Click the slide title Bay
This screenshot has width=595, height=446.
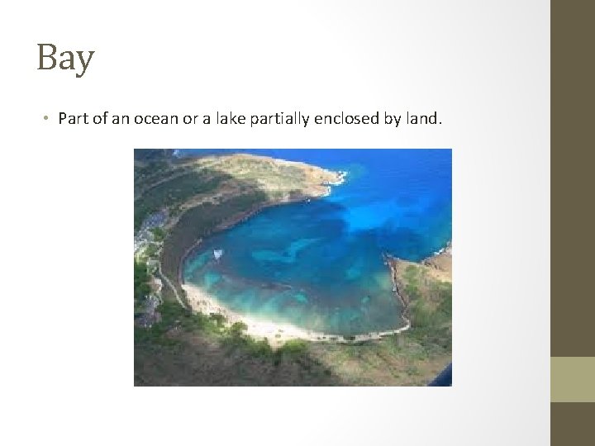pos(65,59)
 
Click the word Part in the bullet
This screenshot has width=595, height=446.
pos(72,118)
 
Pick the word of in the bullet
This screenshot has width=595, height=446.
pos(98,118)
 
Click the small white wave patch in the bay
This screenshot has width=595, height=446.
pos(217,254)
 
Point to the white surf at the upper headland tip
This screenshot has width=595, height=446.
pos(337,176)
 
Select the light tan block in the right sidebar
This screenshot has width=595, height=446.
pos(572,379)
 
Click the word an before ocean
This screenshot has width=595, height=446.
pos(120,118)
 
